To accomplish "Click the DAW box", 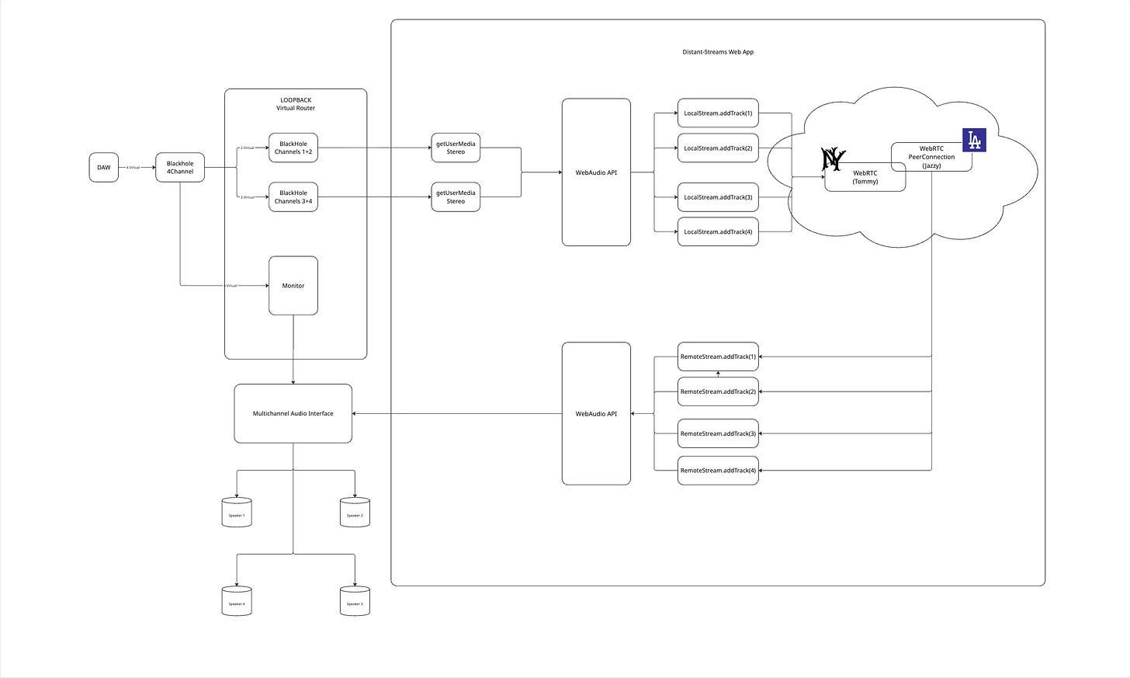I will [104, 168].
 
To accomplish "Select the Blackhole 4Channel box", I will [180, 168].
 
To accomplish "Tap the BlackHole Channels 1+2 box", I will [293, 148].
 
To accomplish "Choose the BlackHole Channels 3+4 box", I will [293, 196].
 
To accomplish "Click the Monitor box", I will [293, 286].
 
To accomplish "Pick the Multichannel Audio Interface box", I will [293, 413].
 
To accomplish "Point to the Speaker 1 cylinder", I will [237, 513].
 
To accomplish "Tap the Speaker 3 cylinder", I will [355, 602].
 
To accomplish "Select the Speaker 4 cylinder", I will [237, 602].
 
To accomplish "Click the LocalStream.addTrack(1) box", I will [718, 113].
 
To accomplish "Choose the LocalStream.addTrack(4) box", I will [718, 231].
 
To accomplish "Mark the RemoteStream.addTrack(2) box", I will [718, 392].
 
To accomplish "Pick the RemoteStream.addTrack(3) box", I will [718, 433].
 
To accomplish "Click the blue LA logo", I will [974, 140].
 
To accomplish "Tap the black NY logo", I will [833, 159].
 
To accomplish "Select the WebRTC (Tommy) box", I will [865, 178].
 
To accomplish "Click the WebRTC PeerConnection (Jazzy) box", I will [931, 157].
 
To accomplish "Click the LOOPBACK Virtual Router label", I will [296, 104].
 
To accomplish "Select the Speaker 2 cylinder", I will [355, 513].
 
